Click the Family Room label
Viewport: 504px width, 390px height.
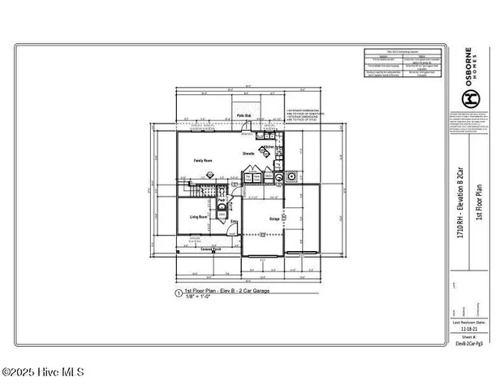[x=202, y=161]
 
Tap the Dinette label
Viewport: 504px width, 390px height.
[x=249, y=154]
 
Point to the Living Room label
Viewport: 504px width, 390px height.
[x=200, y=217]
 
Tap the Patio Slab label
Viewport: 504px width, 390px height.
[x=242, y=117]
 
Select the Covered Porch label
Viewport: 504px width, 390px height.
[x=213, y=249]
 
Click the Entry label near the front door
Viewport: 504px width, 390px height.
[x=235, y=221]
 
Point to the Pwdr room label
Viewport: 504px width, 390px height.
[x=220, y=200]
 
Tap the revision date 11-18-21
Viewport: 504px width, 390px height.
[x=466, y=329]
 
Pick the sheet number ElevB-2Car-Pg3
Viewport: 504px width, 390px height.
[x=467, y=344]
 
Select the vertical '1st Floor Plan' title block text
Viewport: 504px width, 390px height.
[x=480, y=198]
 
